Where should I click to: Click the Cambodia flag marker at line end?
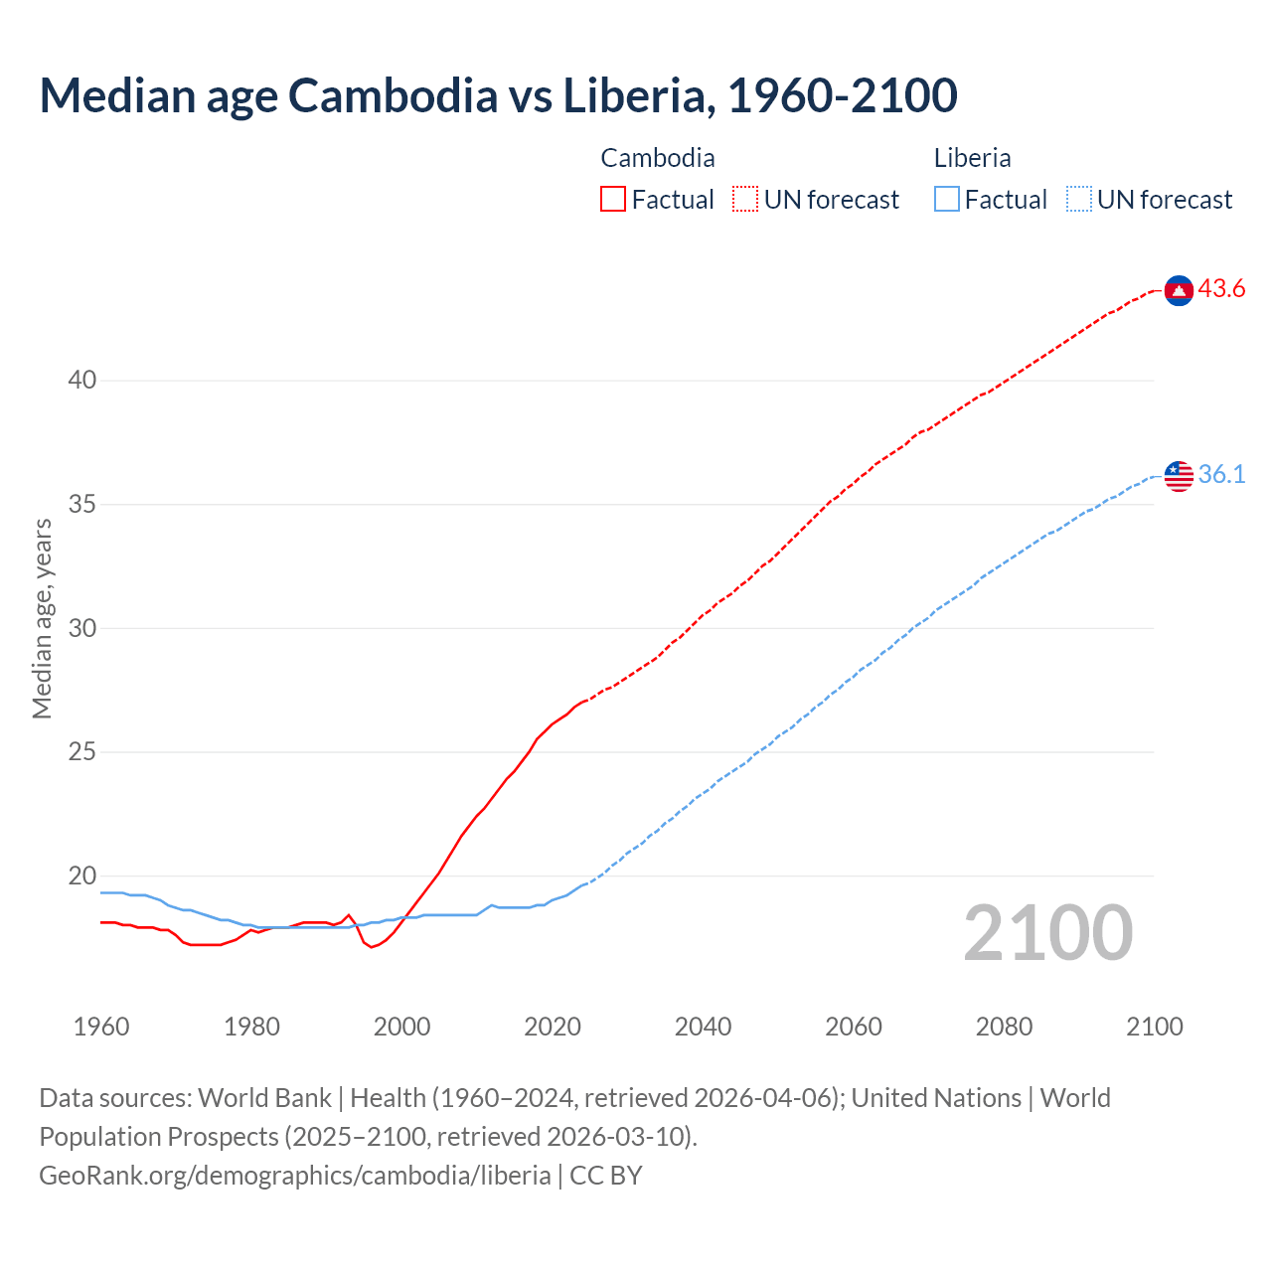pos(1179,290)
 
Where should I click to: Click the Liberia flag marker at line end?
pos(1179,476)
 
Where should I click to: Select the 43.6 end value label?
pos(1221,289)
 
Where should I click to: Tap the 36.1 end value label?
pos(1221,475)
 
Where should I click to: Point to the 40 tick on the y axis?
pos(82,381)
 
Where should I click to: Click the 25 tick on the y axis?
pos(82,752)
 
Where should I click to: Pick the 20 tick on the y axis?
pos(82,876)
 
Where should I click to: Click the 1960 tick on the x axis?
pos(101,1027)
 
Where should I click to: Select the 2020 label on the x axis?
pos(553,1027)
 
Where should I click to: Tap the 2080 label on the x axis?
pos(1004,1027)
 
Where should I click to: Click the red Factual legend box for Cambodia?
pos(613,200)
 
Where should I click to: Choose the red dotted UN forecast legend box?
pos(745,200)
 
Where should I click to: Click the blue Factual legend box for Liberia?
pos(947,200)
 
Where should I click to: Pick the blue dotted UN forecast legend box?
pos(1079,200)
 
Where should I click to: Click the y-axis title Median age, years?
pos(42,618)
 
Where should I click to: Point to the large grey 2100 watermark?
pos(1047,932)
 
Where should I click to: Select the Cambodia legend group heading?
pos(658,158)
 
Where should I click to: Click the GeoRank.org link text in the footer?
pos(294,1176)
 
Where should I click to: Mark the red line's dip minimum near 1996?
pos(372,947)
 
